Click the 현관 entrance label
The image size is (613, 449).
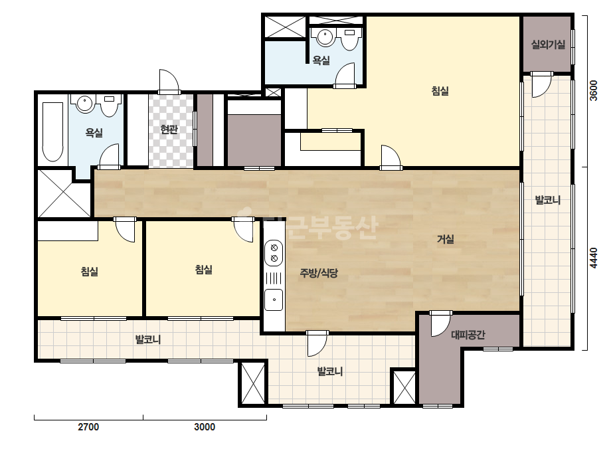coord(169,130)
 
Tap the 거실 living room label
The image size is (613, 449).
coord(445,239)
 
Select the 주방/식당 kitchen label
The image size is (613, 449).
coord(319,273)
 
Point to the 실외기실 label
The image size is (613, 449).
coord(548,45)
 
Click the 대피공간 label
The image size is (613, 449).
coord(468,335)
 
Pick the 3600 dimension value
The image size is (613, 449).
coord(594,91)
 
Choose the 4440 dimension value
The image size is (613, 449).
coord(594,258)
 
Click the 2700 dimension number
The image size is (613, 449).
coord(88,426)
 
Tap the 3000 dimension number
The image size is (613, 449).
coord(205,426)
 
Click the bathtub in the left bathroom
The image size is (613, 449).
coord(52,132)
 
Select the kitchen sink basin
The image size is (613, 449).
coord(274,299)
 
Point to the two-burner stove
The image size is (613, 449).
coord(274,253)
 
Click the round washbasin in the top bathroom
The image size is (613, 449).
coord(325,37)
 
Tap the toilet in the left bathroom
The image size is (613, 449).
coord(110,106)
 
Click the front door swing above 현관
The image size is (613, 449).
coord(169,82)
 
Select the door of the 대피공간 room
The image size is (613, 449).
coord(440,323)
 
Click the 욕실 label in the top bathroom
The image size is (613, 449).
coord(321,60)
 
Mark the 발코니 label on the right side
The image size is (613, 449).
coord(548,200)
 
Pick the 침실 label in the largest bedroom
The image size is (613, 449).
coord(440,91)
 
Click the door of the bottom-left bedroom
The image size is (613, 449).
coord(125,230)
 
